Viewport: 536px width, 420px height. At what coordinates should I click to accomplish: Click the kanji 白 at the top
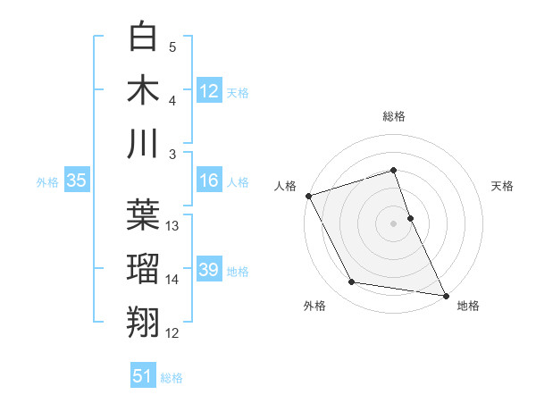(x=144, y=38)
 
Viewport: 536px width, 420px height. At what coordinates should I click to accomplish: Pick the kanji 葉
(x=144, y=214)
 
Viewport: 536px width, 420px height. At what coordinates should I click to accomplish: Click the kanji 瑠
(x=144, y=267)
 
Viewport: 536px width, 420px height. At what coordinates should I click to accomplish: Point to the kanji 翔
(x=144, y=320)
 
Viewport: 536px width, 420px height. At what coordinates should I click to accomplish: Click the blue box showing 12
(x=208, y=90)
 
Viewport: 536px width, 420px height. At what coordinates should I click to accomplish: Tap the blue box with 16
(x=208, y=181)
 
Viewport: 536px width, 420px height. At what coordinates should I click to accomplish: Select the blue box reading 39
(x=208, y=271)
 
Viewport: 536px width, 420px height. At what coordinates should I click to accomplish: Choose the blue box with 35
(x=76, y=181)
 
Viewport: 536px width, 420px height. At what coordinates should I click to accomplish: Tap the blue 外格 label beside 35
(x=47, y=182)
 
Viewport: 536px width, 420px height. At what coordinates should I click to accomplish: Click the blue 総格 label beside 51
(x=172, y=378)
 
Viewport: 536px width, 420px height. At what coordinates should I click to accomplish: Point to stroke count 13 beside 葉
(x=172, y=226)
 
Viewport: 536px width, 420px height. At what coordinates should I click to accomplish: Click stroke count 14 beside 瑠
(x=172, y=280)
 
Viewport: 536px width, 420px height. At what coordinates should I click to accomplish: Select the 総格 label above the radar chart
(x=394, y=116)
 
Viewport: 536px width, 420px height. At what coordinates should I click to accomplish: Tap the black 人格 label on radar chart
(x=285, y=186)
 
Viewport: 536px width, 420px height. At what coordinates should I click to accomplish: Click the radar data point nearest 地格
(x=445, y=294)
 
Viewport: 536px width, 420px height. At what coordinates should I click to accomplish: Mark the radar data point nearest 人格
(x=308, y=196)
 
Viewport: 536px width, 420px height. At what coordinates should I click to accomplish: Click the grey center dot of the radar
(x=393, y=223)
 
